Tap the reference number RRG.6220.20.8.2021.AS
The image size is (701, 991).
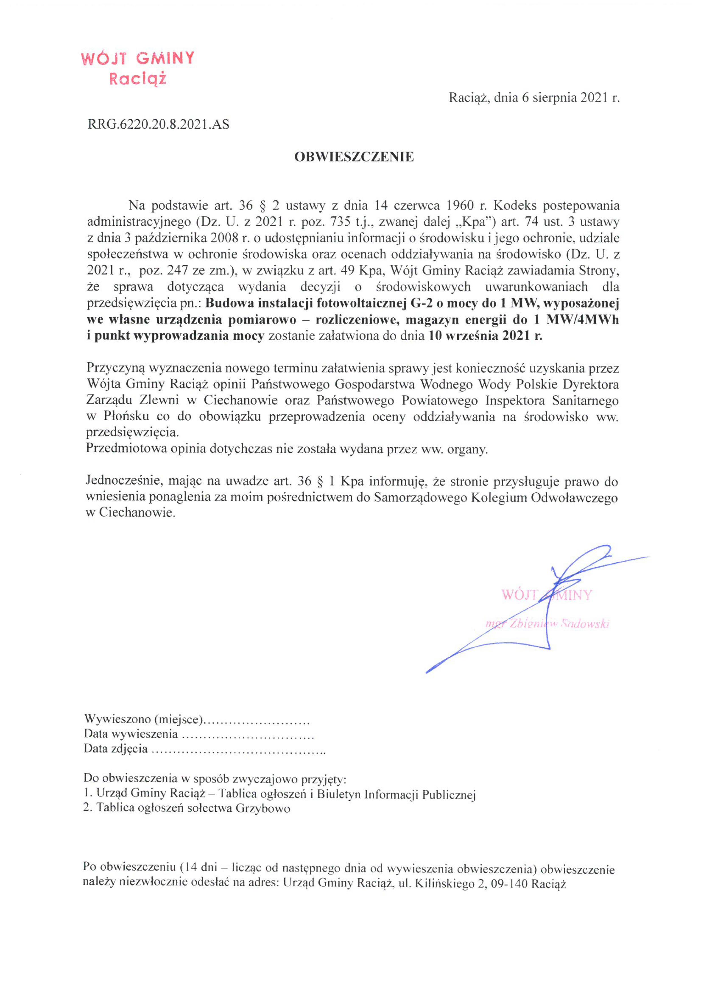(x=158, y=125)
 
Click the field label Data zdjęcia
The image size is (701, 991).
(x=116, y=748)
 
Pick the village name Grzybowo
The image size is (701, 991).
(x=263, y=808)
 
